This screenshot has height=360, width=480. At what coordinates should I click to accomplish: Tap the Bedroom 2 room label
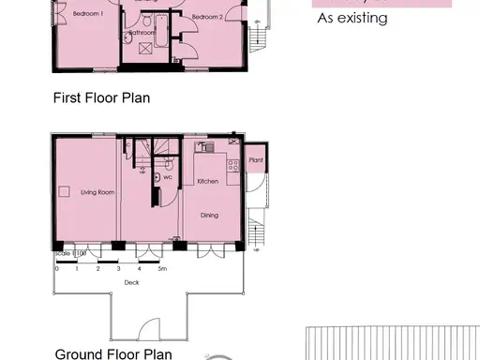(207, 17)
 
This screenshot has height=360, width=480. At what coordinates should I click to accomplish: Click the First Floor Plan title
(101, 97)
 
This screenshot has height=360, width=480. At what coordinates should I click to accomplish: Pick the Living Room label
(97, 192)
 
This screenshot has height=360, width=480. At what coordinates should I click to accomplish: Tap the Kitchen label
(208, 181)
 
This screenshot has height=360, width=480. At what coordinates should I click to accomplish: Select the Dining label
(209, 216)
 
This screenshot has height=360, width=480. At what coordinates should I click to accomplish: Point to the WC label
(167, 176)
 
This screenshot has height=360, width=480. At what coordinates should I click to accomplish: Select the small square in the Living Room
(65, 191)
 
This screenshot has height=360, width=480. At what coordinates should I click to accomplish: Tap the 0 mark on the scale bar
(56, 269)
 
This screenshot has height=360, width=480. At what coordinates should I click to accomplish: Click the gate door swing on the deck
(148, 329)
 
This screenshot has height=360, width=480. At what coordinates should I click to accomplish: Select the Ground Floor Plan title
(113, 353)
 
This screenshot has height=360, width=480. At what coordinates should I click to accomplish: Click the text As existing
(352, 17)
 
